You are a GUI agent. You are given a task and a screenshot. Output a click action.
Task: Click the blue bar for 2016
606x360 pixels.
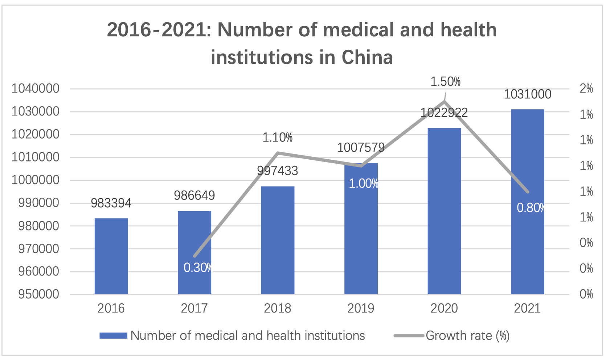[x=111, y=256]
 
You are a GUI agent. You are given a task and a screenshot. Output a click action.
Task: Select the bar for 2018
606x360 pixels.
[x=278, y=240]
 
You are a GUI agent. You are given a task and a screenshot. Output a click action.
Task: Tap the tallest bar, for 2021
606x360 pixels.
[x=527, y=201]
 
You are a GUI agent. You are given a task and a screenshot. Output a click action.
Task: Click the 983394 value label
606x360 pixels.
[x=111, y=203]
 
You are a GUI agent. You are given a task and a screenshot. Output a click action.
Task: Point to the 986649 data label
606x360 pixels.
[x=195, y=196]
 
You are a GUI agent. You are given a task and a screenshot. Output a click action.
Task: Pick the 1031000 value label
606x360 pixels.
[x=527, y=94]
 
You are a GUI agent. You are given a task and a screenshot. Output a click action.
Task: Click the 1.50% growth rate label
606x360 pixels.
[x=445, y=82]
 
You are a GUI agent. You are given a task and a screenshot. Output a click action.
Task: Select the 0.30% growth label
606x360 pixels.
[x=198, y=268]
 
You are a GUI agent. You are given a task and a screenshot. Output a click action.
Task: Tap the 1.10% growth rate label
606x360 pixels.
[x=278, y=138]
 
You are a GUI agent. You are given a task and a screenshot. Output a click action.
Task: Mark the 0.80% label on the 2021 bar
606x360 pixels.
[x=531, y=208]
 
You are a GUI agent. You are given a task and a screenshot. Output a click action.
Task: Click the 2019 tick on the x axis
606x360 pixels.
[x=361, y=308]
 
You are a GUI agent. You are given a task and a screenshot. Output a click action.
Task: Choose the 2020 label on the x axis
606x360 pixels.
[x=444, y=308]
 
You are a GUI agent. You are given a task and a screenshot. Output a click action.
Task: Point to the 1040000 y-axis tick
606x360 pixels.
[x=36, y=89]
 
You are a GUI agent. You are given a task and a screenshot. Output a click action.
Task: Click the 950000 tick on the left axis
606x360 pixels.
[x=38, y=294]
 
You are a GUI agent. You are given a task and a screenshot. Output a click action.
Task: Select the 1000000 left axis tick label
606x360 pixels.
[x=36, y=180]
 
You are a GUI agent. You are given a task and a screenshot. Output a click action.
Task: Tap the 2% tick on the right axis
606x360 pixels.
[x=586, y=89]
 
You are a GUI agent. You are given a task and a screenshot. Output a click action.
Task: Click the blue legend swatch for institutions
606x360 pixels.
[x=113, y=336]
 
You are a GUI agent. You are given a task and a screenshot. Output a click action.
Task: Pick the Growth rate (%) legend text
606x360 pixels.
[x=467, y=336]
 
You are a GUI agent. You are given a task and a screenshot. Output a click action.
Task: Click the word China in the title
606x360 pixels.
[x=367, y=57]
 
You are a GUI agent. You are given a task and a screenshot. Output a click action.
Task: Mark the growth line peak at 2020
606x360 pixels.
[x=445, y=101]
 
